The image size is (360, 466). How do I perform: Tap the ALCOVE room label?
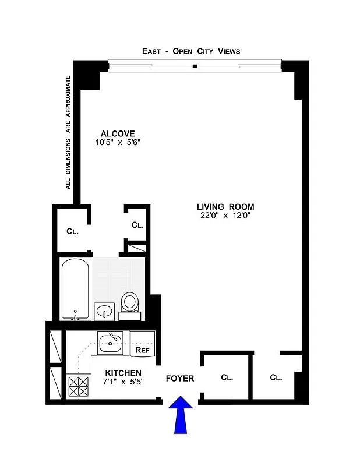coord(117,133)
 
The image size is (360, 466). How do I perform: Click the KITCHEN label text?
coord(123,373)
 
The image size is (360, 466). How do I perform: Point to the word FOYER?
coord(180,379)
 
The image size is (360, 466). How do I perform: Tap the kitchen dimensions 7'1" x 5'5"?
coord(123,382)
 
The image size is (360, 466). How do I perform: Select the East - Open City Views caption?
coord(191,51)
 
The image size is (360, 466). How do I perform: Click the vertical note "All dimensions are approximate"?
coord(68,132)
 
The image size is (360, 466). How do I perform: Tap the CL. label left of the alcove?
coord(72,231)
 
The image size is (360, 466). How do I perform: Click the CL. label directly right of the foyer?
coord(227,377)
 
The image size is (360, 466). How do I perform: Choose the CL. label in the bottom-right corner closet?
coord(276,377)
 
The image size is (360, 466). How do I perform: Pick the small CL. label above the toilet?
coord(137,225)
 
